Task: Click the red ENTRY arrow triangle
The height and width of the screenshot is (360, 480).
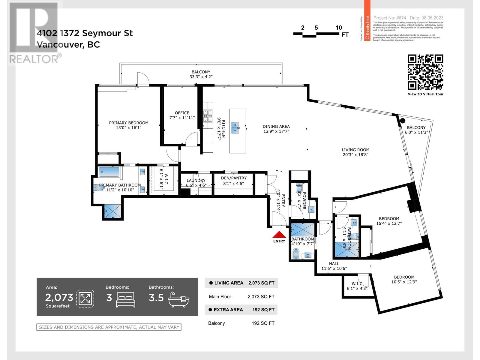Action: tap(279, 235)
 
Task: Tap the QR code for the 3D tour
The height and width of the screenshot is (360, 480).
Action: tap(425, 72)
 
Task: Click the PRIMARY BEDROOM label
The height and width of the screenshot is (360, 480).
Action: tap(129, 123)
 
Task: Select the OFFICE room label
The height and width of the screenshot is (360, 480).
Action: tap(182, 113)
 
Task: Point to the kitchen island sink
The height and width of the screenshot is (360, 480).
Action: tap(235, 127)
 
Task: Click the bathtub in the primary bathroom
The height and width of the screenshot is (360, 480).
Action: tap(109, 172)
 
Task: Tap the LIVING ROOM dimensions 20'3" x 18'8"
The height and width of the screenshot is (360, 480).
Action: tap(355, 155)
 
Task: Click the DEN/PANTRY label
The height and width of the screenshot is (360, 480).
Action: tap(234, 178)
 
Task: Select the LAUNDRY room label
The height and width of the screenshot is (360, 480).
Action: tap(196, 180)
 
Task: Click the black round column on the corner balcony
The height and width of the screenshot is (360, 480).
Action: tap(402, 121)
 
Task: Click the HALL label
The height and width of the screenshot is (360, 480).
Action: tap(334, 263)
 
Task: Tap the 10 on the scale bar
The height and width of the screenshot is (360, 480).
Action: tap(339, 28)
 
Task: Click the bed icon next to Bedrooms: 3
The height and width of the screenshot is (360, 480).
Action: tap(125, 299)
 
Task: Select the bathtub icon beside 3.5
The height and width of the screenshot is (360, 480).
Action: tap(178, 299)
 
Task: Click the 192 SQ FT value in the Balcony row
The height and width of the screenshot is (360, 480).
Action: tap(263, 323)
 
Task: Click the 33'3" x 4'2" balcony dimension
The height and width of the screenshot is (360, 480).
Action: tap(201, 77)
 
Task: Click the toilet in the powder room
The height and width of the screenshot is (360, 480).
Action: tap(299, 189)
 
